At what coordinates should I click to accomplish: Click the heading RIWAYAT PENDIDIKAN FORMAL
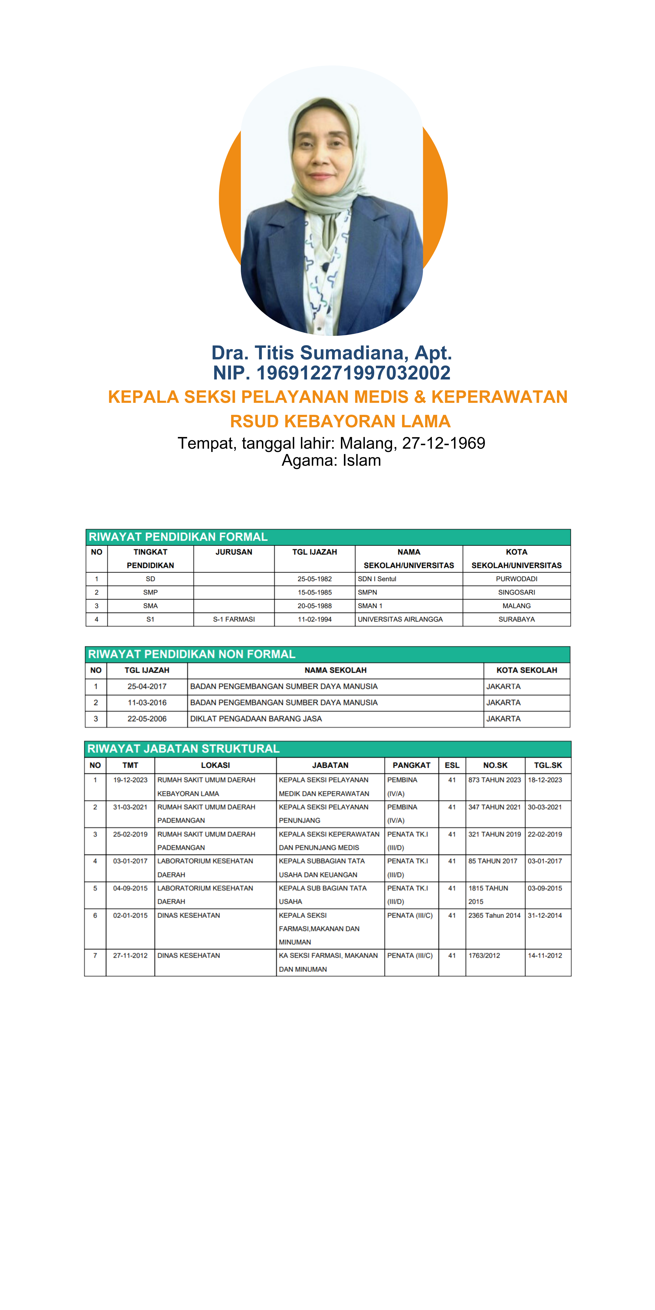[178, 537]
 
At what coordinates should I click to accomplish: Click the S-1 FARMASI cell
[234, 619]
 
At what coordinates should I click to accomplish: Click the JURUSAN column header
[234, 552]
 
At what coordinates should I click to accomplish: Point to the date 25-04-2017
[147, 686]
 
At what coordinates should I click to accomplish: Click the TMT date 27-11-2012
[130, 956]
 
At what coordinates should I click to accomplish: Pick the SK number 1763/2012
[484, 956]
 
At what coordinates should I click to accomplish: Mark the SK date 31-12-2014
[545, 915]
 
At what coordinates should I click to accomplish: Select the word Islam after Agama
[362, 461]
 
